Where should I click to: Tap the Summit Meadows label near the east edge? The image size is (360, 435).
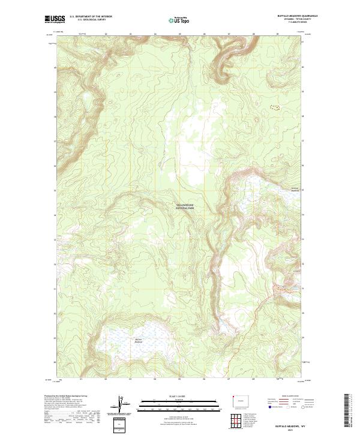point(295,189)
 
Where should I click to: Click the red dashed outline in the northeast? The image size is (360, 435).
point(275,108)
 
